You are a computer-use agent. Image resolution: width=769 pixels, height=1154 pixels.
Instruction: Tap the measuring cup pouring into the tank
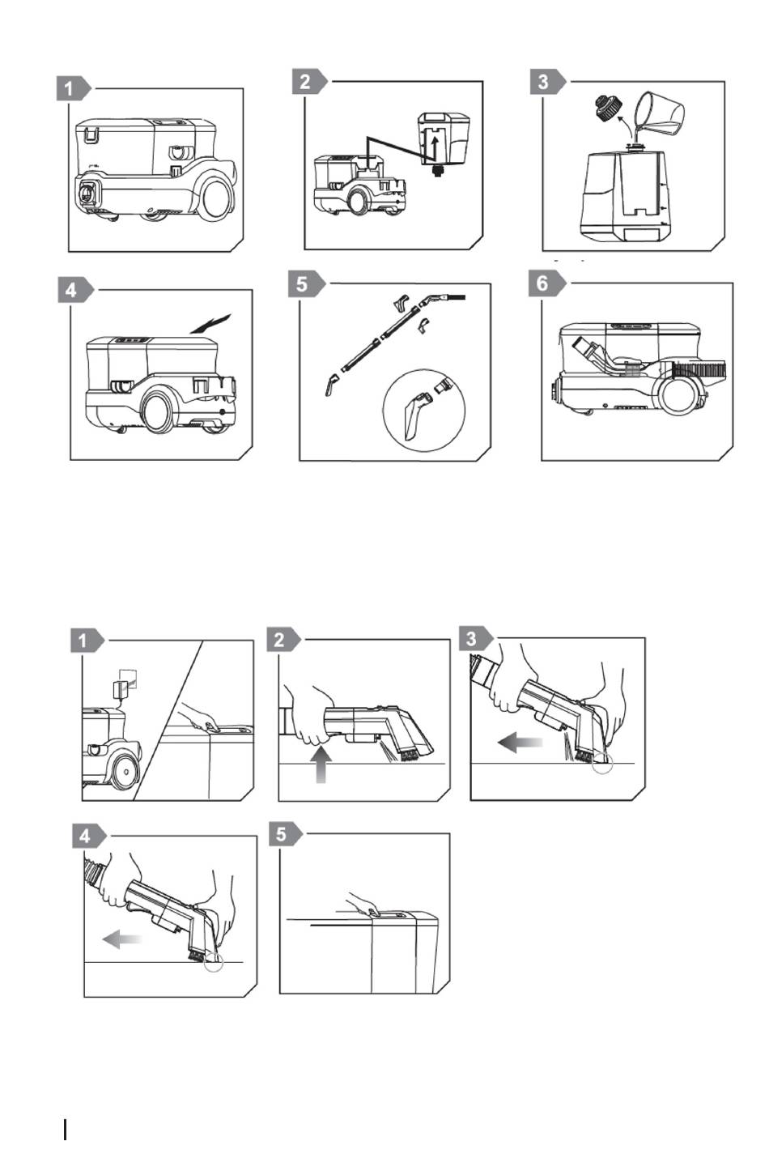659,114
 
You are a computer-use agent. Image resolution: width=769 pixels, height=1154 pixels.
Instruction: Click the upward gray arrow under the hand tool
321,764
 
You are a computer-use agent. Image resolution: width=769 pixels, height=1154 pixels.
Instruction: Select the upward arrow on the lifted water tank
435,149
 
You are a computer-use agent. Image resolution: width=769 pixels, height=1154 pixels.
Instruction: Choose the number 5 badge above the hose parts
303,285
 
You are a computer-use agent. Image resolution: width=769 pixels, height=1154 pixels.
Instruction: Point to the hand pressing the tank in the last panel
365,906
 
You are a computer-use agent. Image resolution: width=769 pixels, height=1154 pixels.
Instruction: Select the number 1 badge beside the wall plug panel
83,641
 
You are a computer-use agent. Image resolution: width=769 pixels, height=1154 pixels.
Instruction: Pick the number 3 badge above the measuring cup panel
543,82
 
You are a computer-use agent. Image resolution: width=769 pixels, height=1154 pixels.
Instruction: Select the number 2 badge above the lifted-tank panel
304,82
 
